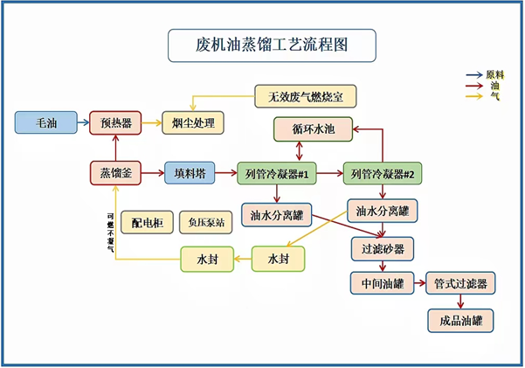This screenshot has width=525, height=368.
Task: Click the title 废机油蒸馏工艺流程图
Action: tap(272, 45)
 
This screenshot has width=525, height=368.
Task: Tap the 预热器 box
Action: tap(115, 122)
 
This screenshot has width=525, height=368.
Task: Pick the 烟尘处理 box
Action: tap(193, 122)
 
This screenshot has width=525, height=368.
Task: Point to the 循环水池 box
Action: tap(314, 130)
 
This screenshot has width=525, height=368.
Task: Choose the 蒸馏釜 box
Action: tap(115, 173)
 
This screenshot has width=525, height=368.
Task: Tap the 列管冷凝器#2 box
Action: tap(382, 173)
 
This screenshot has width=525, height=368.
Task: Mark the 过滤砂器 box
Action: tap(382, 248)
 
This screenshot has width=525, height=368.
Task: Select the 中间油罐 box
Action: tap(382, 284)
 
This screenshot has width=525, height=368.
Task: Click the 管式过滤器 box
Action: tap(460, 284)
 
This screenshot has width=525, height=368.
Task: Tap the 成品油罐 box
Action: tap(460, 320)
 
